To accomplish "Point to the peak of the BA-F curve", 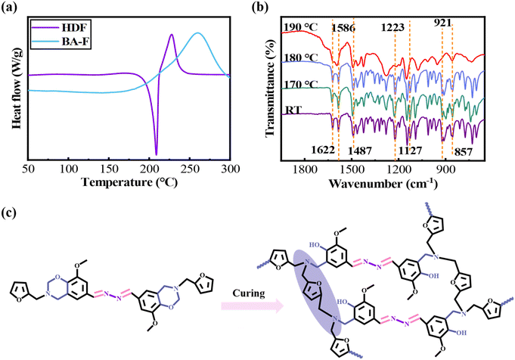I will [197, 33].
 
